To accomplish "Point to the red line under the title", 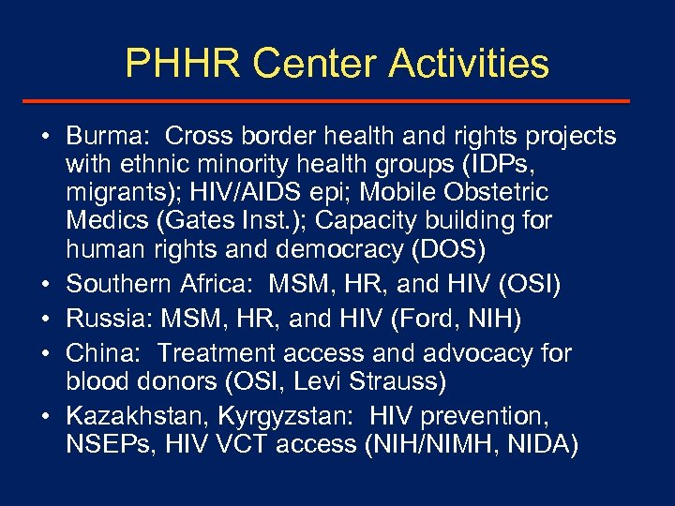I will pyautogui.click(x=337, y=101).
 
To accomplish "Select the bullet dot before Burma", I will pyautogui.click(x=45, y=138).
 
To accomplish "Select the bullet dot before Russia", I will pyautogui.click(x=45, y=320).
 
